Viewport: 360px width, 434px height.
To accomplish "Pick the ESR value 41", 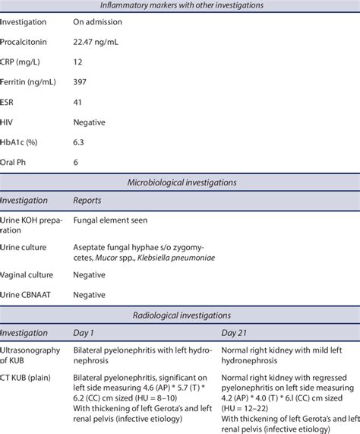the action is [x=78, y=102].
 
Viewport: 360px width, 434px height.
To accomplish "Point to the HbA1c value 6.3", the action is [x=79, y=141].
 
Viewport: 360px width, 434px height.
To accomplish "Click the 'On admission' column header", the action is [x=99, y=23].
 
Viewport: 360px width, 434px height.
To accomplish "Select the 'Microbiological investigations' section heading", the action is [x=180, y=182].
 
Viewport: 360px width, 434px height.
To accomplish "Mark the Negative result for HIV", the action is [x=90, y=122].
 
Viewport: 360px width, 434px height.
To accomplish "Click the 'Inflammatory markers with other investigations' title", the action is [x=180, y=6].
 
